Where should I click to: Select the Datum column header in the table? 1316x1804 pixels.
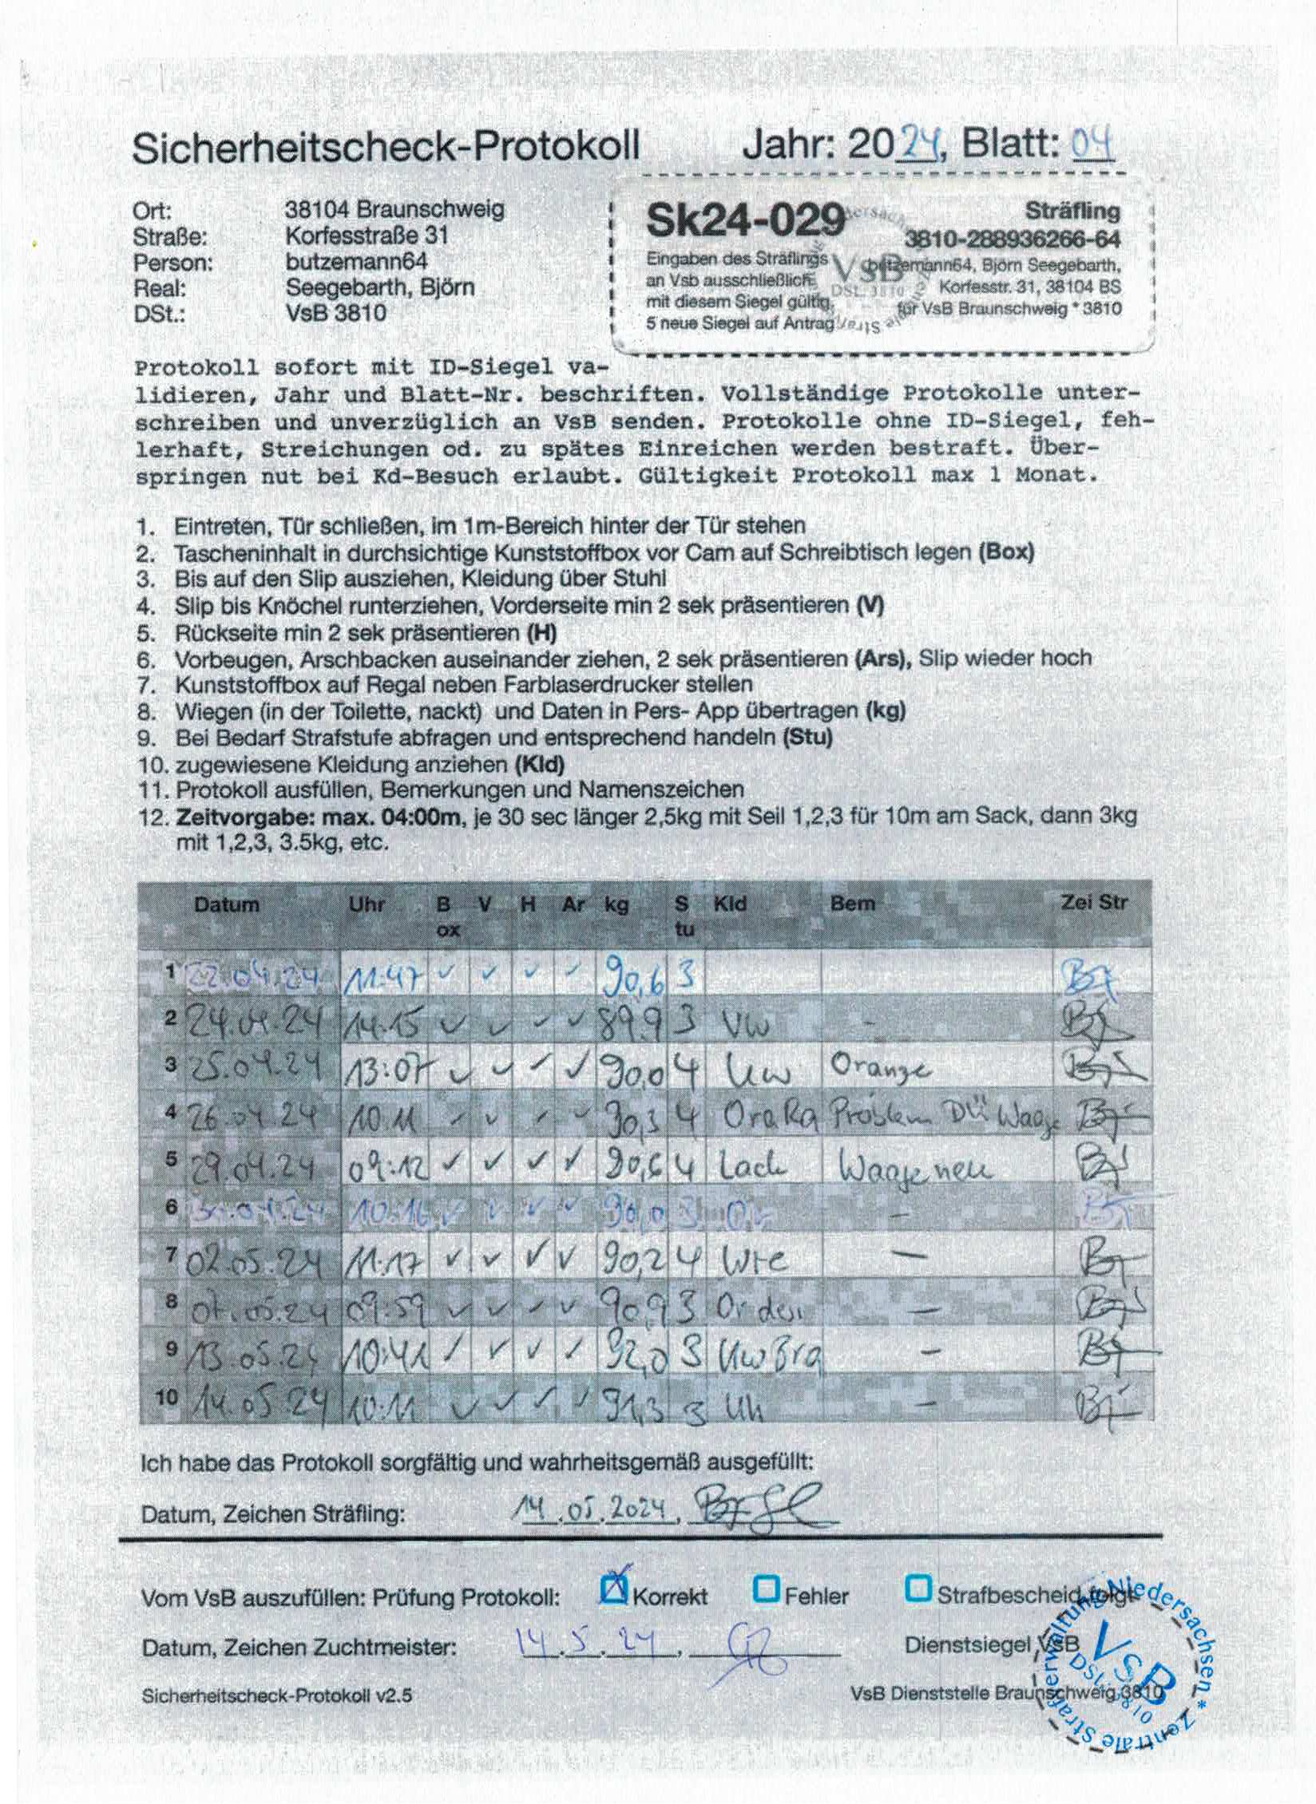(x=226, y=904)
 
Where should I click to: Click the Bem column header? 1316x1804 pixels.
(x=853, y=904)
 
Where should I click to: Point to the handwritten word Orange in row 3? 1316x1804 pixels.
(x=881, y=1068)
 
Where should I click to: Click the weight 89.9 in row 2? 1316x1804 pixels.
(x=632, y=1023)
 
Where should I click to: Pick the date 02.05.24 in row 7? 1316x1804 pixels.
(x=254, y=1264)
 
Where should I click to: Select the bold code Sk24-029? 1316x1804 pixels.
(x=745, y=220)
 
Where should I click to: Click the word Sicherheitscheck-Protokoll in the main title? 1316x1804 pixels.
(x=386, y=148)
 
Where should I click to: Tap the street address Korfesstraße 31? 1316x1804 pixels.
(x=367, y=235)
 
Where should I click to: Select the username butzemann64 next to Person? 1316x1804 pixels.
(x=356, y=261)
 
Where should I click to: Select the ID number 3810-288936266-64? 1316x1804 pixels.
(x=1013, y=239)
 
